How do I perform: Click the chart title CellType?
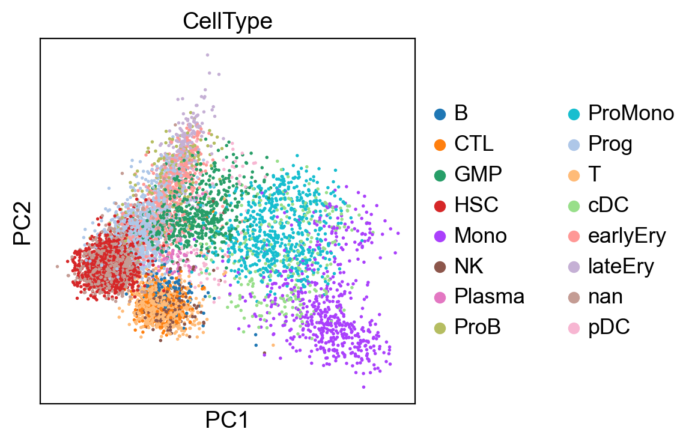pos(228,21)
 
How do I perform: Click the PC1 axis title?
pos(227,419)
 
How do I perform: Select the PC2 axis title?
pos(22,223)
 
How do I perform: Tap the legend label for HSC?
pos(476,205)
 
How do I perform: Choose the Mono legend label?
pos(481,236)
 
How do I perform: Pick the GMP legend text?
pos(478,174)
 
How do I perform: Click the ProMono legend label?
pos(631,113)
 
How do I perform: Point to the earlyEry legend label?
pos(627,236)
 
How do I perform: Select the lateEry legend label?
pos(621,267)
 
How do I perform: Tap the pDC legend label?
pos(609,327)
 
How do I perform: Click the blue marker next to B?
pos(440,114)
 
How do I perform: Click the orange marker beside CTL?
pos(440,145)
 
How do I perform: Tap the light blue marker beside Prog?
pos(574,145)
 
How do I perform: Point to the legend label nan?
pos(605,296)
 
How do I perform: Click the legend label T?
pos(595,174)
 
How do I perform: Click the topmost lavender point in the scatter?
pos(207,55)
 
